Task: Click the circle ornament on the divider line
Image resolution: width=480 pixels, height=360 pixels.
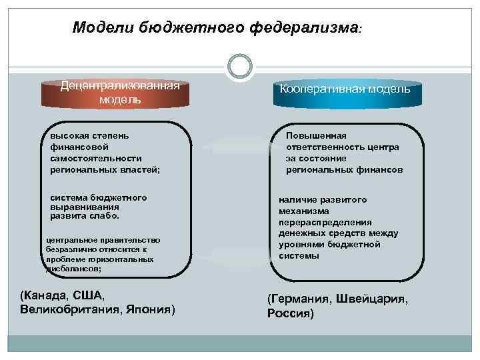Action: pos(240,67)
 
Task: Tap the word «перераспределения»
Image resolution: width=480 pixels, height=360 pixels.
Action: pos(325,223)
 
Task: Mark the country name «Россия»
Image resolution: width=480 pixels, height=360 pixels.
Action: pos(291,313)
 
